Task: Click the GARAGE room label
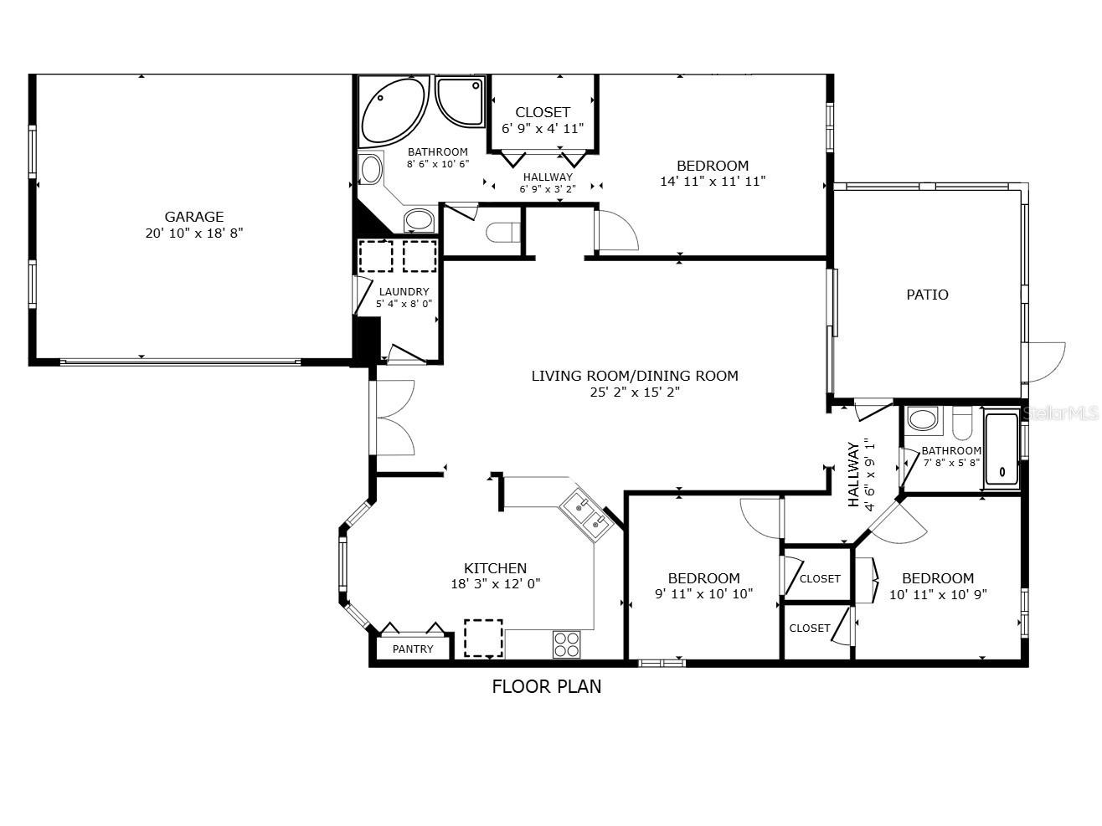pyautogui.click(x=193, y=217)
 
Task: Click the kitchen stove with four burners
pyautogui.click(x=566, y=644)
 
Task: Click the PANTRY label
pyautogui.click(x=413, y=649)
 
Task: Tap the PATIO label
pyautogui.click(x=927, y=295)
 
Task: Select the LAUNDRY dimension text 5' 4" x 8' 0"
pyautogui.click(x=404, y=305)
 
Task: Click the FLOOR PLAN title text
pyautogui.click(x=546, y=687)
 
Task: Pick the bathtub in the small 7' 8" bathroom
pyautogui.click(x=1001, y=449)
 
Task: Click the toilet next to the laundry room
pyautogui.click(x=503, y=232)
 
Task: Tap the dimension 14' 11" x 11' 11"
pyautogui.click(x=713, y=181)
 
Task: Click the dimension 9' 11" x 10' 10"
pyautogui.click(x=703, y=594)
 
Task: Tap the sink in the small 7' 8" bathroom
pyautogui.click(x=923, y=419)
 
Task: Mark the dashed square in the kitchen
pyautogui.click(x=483, y=638)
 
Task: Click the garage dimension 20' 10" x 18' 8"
pyautogui.click(x=193, y=233)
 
